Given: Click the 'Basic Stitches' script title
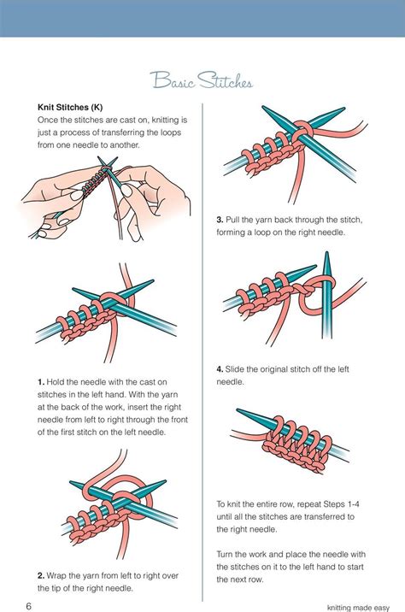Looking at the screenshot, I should point(202,82).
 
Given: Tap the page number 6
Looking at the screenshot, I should point(28,606).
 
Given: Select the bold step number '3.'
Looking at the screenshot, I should point(220,220).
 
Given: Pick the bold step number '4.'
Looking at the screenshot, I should point(220,368).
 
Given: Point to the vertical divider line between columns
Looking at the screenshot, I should point(202,342).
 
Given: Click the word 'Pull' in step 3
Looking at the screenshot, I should point(236,220).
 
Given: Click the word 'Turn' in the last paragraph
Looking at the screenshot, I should point(228,543).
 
